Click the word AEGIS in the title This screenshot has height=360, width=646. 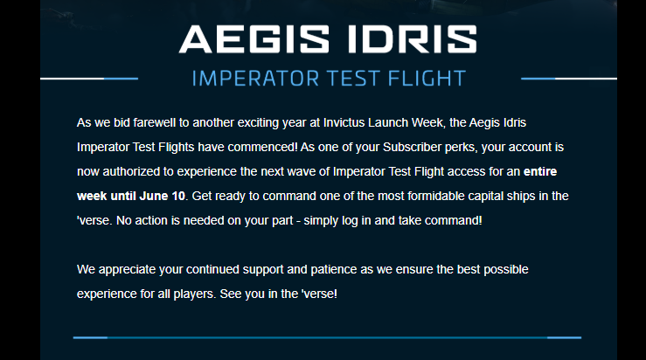click(x=254, y=39)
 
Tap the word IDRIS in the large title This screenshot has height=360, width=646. click(x=413, y=39)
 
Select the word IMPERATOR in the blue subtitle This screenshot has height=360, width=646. click(x=255, y=79)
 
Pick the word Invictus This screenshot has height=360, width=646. click(x=344, y=122)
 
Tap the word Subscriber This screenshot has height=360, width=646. click(x=412, y=147)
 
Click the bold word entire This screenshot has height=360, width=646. click(x=540, y=171)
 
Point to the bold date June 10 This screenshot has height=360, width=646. click(x=163, y=196)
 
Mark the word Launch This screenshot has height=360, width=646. click(x=386, y=122)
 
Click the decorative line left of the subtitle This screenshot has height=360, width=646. click(x=89, y=79)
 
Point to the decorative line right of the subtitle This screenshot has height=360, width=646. click(x=569, y=79)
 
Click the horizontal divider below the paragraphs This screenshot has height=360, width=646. click(x=327, y=338)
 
